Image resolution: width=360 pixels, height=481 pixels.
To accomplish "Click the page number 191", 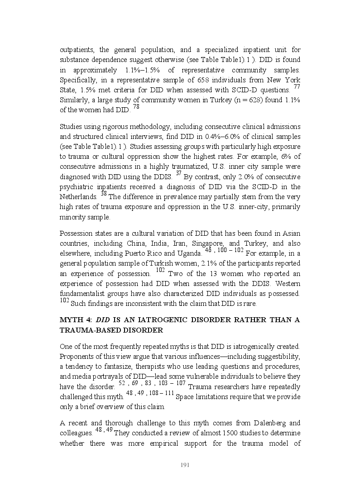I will (184, 465).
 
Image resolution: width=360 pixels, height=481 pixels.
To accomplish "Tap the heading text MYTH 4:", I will (76, 320).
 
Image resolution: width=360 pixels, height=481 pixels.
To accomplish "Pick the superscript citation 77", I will (297, 87).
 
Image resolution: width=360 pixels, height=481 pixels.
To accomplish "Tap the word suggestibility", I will (277, 356).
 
